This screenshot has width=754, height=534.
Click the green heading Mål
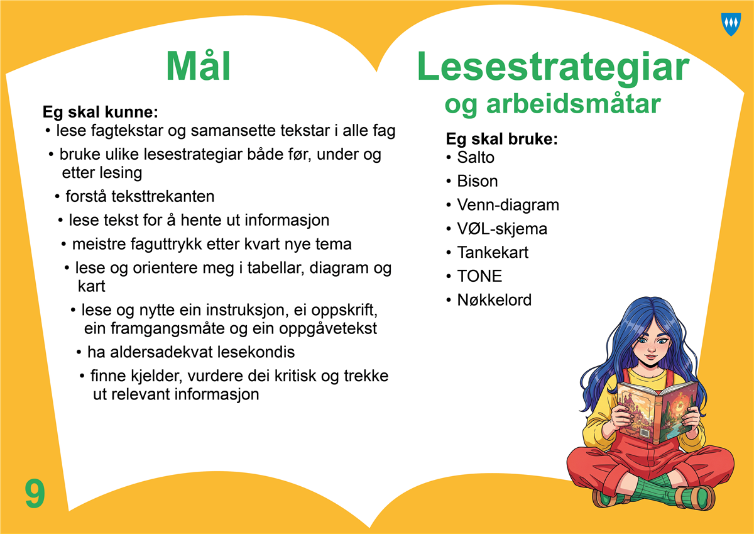coord(199,66)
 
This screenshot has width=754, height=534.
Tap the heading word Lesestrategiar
coord(554,69)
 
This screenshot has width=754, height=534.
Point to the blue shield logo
coord(731,25)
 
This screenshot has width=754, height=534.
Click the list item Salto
coord(475,157)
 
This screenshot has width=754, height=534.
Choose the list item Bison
coord(477,181)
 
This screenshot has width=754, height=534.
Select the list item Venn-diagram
coord(508,206)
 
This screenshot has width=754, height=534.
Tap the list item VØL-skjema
coord(502,229)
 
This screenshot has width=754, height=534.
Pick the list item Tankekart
coord(493,252)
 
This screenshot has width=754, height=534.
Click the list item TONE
coord(479,276)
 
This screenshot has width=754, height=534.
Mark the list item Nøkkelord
coord(494,300)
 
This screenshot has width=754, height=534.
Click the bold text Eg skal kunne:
coord(101,112)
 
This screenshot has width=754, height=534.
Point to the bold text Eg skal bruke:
coord(501,139)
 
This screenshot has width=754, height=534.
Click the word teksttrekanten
coord(163,196)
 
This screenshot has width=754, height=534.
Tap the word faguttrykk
coord(166,245)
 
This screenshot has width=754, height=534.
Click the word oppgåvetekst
coord(327,329)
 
